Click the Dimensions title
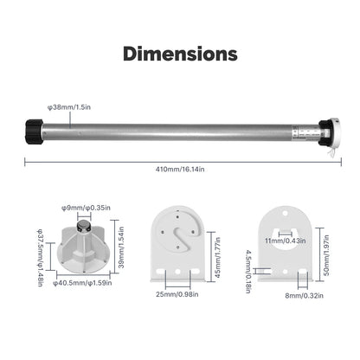(x=180, y=54)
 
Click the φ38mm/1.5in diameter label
(x=69, y=107)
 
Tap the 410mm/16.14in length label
(x=180, y=170)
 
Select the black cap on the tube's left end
(x=35, y=132)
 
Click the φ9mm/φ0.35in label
(x=86, y=208)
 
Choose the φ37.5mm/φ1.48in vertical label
(x=41, y=258)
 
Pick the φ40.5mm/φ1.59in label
(x=82, y=283)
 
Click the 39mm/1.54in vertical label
(x=121, y=247)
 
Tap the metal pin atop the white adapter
(x=84, y=225)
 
